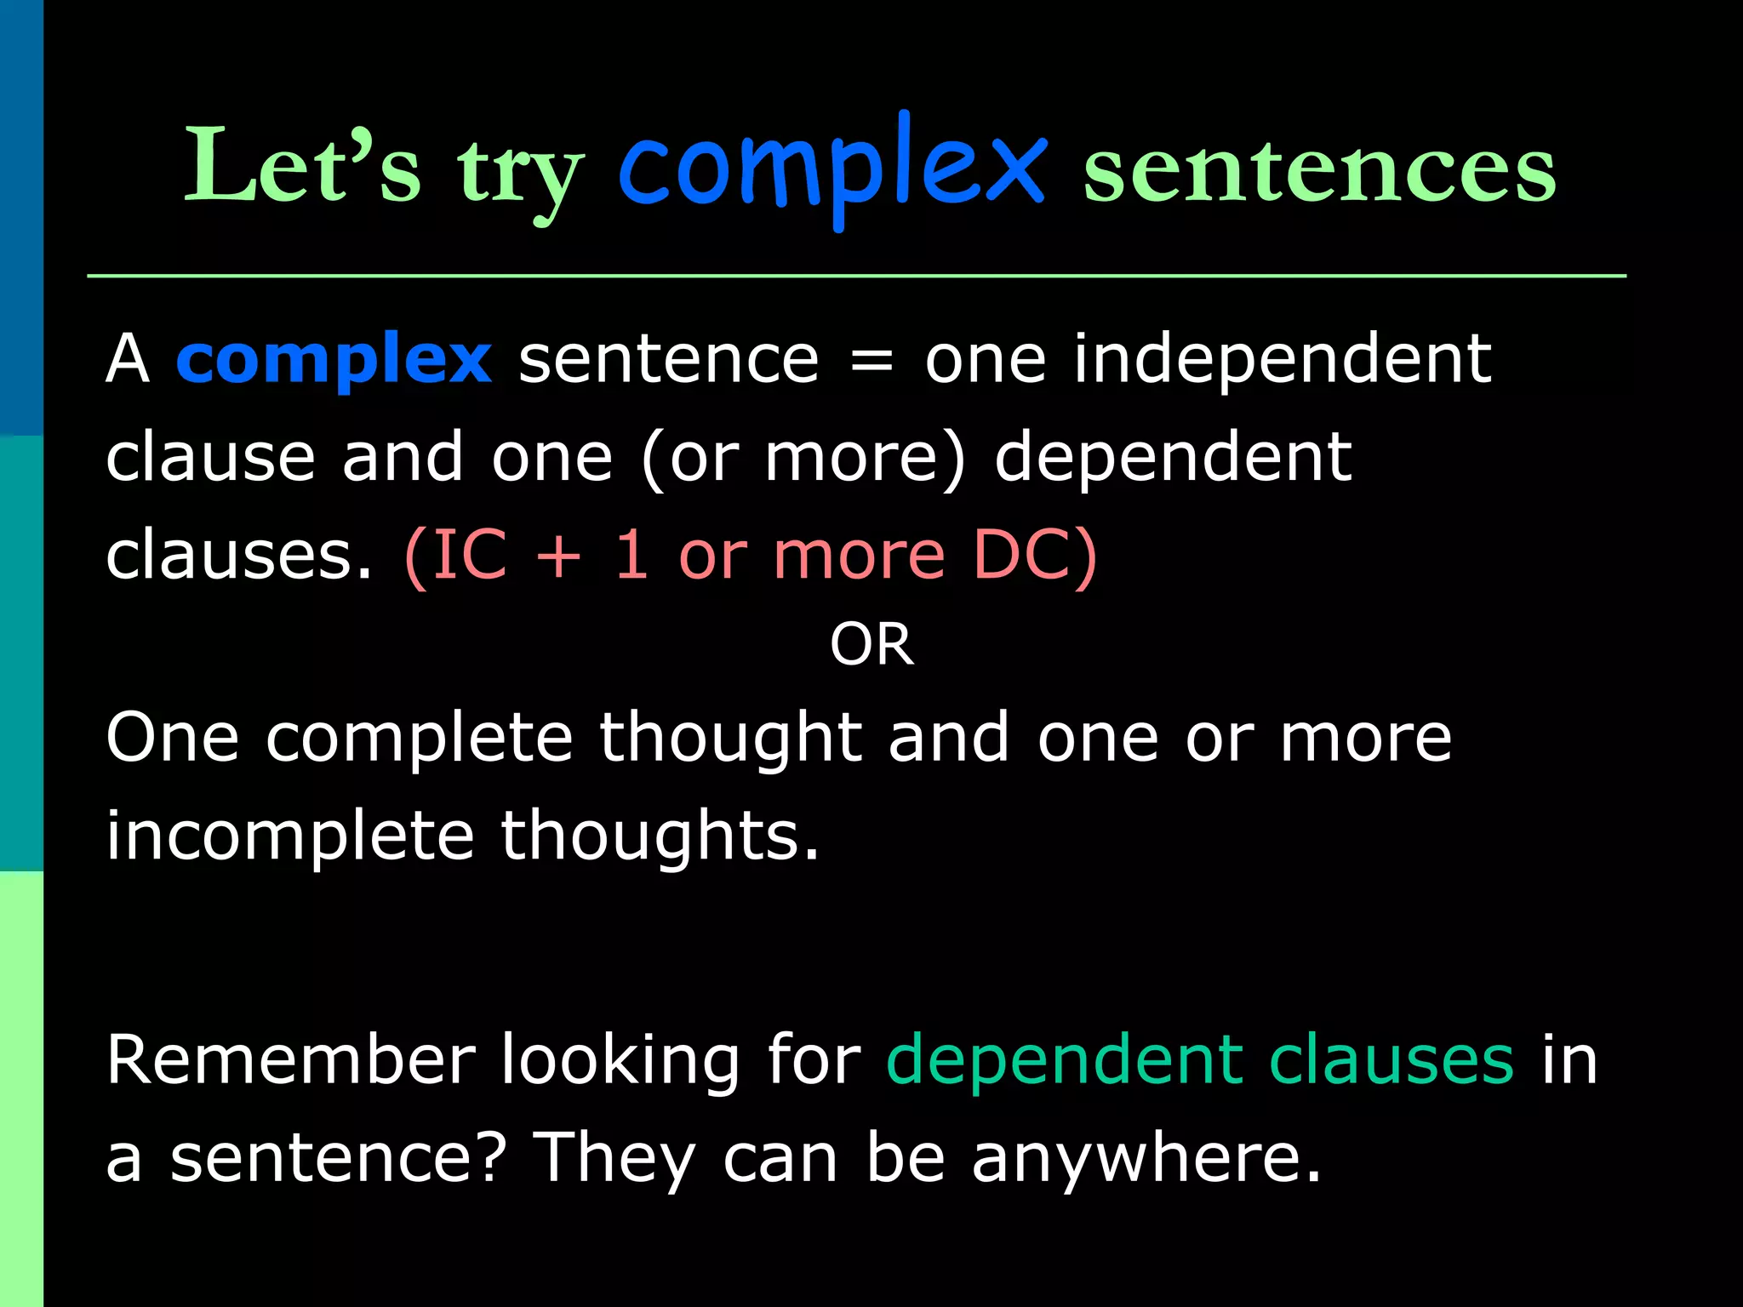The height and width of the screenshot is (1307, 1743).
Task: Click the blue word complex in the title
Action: click(x=831, y=166)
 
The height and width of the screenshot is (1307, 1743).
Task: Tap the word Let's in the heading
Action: click(x=303, y=166)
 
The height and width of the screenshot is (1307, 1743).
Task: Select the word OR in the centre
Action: click(x=871, y=644)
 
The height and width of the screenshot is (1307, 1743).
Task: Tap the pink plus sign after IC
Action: click(x=558, y=556)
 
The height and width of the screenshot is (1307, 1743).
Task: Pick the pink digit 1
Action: click(x=631, y=556)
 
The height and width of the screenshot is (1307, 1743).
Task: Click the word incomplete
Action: click(x=289, y=836)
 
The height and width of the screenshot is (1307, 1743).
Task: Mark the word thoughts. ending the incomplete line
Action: click(x=660, y=836)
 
